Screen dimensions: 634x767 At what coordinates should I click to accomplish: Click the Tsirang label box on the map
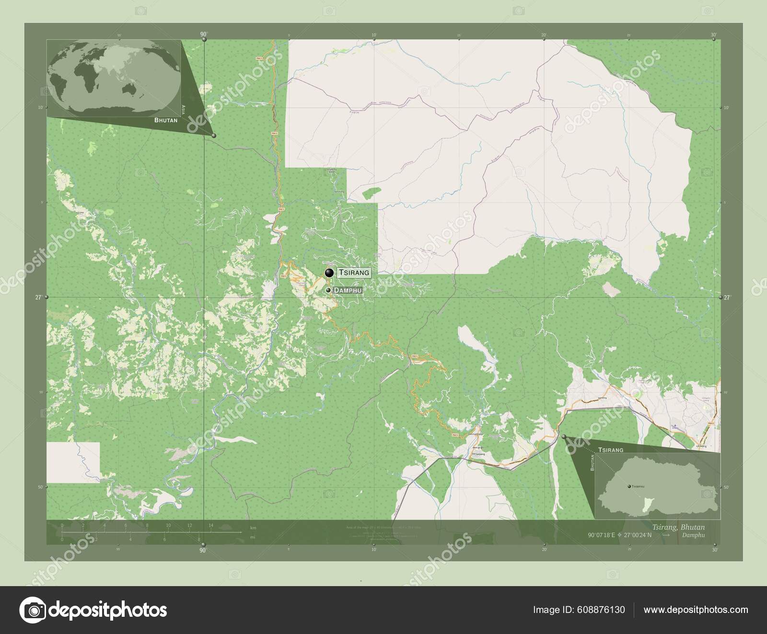tap(354, 272)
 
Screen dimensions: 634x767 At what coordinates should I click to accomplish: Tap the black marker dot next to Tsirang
tap(329, 273)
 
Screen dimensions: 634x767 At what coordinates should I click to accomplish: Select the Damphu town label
tap(347, 290)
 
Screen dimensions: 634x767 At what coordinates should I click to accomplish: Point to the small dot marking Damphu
tap(328, 290)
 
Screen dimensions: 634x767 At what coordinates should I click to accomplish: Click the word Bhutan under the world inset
tap(165, 120)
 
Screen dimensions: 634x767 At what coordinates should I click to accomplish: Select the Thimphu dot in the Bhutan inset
tap(629, 486)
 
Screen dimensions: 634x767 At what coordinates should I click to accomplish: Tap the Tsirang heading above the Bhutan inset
tap(610, 450)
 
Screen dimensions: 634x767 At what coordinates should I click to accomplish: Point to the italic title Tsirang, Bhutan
tap(677, 527)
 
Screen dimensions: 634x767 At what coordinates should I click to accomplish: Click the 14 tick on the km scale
tap(211, 526)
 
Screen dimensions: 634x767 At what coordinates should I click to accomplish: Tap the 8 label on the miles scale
tap(198, 539)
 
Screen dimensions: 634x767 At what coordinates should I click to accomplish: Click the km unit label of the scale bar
tap(253, 527)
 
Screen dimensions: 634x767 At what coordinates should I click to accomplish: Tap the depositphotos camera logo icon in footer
tap(32, 610)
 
